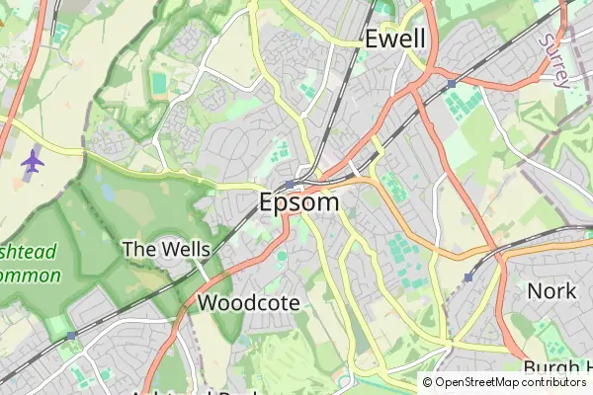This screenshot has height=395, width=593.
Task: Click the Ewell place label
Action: tap(395, 39)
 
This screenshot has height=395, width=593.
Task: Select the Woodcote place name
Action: tap(249, 303)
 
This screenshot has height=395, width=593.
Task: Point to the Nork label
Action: tap(551, 291)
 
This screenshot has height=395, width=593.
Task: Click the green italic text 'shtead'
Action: tap(29, 251)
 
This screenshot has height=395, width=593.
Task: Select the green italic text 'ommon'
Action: tap(31, 276)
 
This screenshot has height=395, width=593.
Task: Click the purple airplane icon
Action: tap(33, 161)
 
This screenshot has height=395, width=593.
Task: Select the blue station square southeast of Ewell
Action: tap(451, 85)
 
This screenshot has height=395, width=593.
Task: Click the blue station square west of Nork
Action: tap(467, 277)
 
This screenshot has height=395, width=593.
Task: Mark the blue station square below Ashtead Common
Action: tap(71, 336)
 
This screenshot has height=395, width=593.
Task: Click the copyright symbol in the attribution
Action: tap(428, 382)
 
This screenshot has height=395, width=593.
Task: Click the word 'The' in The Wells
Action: tap(138, 249)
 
